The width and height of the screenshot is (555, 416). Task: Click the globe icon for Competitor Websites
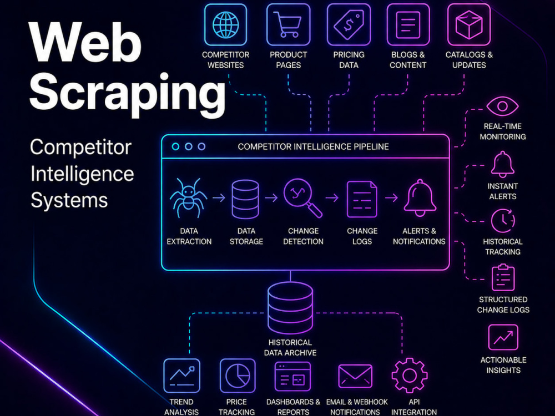pyautogui.click(x=225, y=25)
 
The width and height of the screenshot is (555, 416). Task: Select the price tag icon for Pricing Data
pyautogui.click(x=349, y=25)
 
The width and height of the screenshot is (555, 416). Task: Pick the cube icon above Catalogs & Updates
pyautogui.click(x=469, y=25)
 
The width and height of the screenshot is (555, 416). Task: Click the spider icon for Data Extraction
pyautogui.click(x=188, y=198)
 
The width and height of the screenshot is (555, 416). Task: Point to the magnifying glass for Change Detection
pyautogui.click(x=302, y=198)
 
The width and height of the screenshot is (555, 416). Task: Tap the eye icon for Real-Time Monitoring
pyautogui.click(x=502, y=106)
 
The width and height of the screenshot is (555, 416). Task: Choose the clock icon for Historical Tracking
pyautogui.click(x=503, y=221)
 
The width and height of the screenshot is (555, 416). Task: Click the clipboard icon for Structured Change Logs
pyautogui.click(x=503, y=277)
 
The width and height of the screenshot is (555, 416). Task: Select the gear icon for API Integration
pyautogui.click(x=410, y=376)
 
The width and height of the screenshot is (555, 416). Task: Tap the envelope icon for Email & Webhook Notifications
pyautogui.click(x=355, y=376)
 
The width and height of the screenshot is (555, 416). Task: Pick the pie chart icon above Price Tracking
pyautogui.click(x=238, y=376)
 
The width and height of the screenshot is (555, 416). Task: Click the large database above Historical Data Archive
pyautogui.click(x=290, y=308)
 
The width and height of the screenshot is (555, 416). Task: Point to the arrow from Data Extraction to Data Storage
pyautogui.click(x=219, y=197)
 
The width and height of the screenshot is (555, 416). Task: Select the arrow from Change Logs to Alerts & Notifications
pyautogui.click(x=391, y=197)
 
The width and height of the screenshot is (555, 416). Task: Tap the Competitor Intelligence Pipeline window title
pyautogui.click(x=313, y=146)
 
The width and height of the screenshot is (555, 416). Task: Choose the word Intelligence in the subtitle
pyautogui.click(x=82, y=174)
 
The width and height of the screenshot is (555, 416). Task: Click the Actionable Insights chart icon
pyautogui.click(x=503, y=337)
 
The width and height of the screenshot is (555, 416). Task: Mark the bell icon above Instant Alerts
pyautogui.click(x=502, y=164)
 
